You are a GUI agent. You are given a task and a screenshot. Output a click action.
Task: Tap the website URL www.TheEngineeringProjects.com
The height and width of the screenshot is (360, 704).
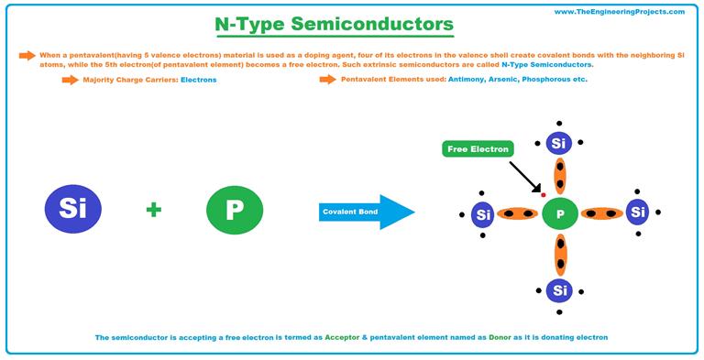619,12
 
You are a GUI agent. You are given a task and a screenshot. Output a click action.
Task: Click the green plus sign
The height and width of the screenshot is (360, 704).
153,211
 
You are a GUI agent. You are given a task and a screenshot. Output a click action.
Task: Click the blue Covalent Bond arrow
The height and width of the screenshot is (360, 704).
366,213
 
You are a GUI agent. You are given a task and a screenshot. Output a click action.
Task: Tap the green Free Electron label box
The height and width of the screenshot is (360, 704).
477,148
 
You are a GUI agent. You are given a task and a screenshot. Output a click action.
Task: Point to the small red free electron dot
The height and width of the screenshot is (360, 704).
543,195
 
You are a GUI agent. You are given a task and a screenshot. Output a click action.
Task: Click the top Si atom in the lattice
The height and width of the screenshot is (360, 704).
558,144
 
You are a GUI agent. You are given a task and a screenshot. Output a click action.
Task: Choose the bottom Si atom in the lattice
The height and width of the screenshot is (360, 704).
558,290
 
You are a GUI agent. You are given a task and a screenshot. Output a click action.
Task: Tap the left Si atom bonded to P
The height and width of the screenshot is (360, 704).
483,215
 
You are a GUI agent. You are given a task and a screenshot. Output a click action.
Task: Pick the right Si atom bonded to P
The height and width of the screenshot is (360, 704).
638,213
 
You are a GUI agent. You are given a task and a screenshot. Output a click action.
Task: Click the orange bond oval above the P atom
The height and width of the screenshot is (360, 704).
558,177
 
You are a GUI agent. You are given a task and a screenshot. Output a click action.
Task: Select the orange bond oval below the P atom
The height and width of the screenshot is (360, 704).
558,254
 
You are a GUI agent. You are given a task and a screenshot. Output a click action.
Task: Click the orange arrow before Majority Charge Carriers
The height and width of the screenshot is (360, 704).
70,81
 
